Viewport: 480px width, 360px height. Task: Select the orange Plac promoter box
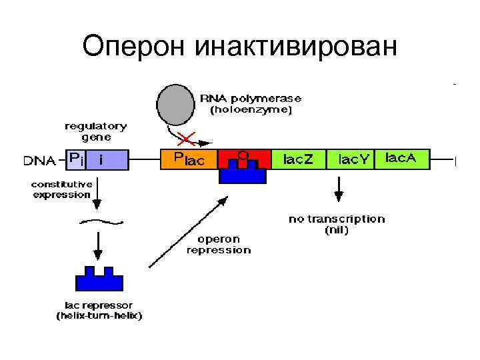[189, 159]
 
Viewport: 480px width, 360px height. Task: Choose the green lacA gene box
[403, 159]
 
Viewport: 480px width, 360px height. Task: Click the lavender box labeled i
[107, 160]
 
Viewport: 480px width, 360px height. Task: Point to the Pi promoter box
[75, 160]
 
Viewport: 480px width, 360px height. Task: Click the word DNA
[39, 161]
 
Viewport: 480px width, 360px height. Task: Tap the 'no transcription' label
[337, 218]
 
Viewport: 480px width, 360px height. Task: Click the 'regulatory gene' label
[96, 131]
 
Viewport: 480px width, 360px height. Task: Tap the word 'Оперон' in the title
[135, 46]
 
